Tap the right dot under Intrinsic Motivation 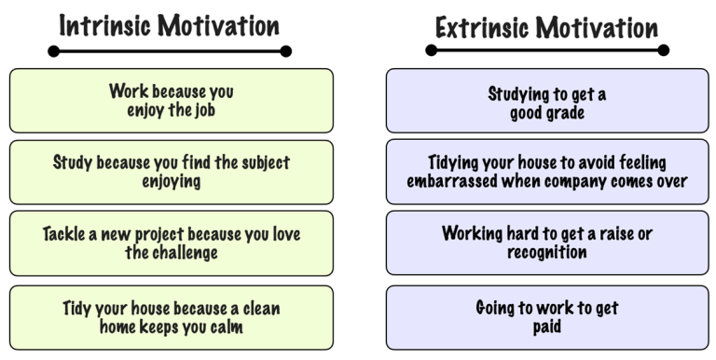pyautogui.click(x=285, y=52)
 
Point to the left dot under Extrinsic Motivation pyautogui.click(x=432, y=50)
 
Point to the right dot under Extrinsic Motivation pyautogui.click(x=663, y=50)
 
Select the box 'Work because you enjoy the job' pyautogui.click(x=172, y=100)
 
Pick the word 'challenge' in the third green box pyautogui.click(x=186, y=252)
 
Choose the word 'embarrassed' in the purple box pyautogui.click(x=452, y=181)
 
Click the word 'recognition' pyautogui.click(x=547, y=252)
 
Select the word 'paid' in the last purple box pyautogui.click(x=547, y=327)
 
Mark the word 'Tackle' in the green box pyautogui.click(x=67, y=234)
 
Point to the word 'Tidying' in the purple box pyautogui.click(x=458, y=162)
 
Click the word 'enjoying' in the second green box pyautogui.click(x=172, y=181)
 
